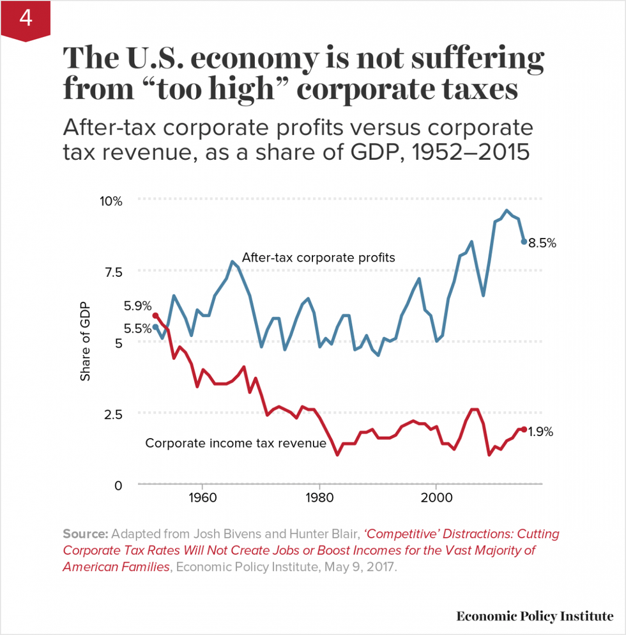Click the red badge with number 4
pos(26,19)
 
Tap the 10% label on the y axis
pos(109,201)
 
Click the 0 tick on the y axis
pos(118,485)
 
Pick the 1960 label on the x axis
pos(202,497)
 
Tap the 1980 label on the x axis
pos(319,497)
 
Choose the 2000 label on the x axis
pos(436,497)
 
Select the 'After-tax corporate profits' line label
pos(318,258)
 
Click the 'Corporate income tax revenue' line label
pos(236,443)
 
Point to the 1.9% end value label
pos(540,432)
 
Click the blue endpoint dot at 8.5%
pos(524,242)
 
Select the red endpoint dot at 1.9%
pos(524,429)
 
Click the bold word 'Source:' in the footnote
pos(85,533)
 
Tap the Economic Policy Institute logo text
pos(534,616)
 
